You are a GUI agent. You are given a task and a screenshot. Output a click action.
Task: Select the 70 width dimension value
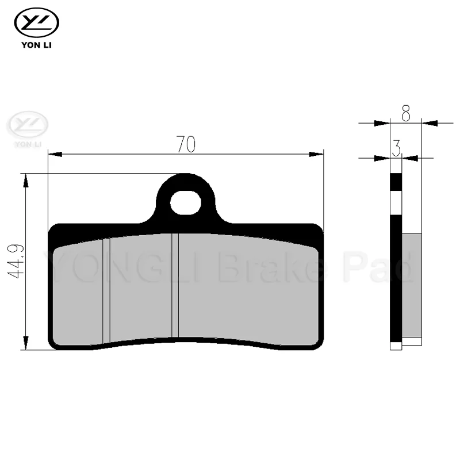tap(186, 144)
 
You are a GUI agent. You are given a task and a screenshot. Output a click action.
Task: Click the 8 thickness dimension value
tap(406, 114)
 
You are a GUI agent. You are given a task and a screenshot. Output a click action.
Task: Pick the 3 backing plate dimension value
tap(396, 149)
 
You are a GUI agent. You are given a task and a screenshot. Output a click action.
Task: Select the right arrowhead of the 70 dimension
tap(317, 154)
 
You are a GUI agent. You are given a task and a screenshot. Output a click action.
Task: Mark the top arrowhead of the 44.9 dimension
tap(25, 181)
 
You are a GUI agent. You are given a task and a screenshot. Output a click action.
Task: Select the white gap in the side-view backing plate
tap(396, 203)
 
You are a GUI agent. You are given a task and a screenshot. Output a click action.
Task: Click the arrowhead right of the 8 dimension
tap(430, 122)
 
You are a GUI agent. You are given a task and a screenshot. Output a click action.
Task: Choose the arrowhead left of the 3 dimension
tap(382, 157)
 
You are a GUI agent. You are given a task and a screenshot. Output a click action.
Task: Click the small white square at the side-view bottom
tap(395, 346)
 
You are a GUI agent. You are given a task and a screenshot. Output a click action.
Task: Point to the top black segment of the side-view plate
tap(396, 182)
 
